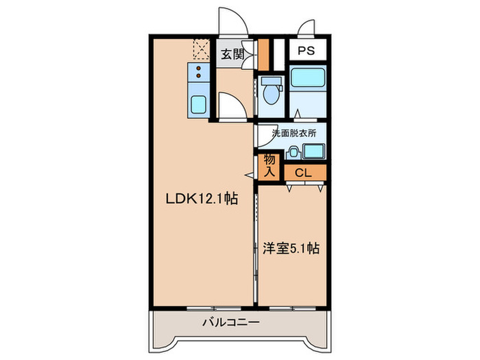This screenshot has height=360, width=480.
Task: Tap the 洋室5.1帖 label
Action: (x=290, y=249)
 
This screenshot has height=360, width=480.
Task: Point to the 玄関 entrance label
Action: (x=230, y=54)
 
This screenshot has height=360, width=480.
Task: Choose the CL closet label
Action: (x=304, y=172)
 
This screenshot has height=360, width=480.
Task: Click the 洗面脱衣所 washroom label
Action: (x=293, y=134)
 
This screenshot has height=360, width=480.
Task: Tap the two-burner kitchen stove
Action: (x=198, y=73)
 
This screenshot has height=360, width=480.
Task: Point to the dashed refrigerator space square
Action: (x=202, y=49)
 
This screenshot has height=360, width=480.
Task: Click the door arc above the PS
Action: (x=306, y=27)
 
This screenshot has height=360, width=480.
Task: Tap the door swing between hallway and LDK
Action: (x=230, y=106)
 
